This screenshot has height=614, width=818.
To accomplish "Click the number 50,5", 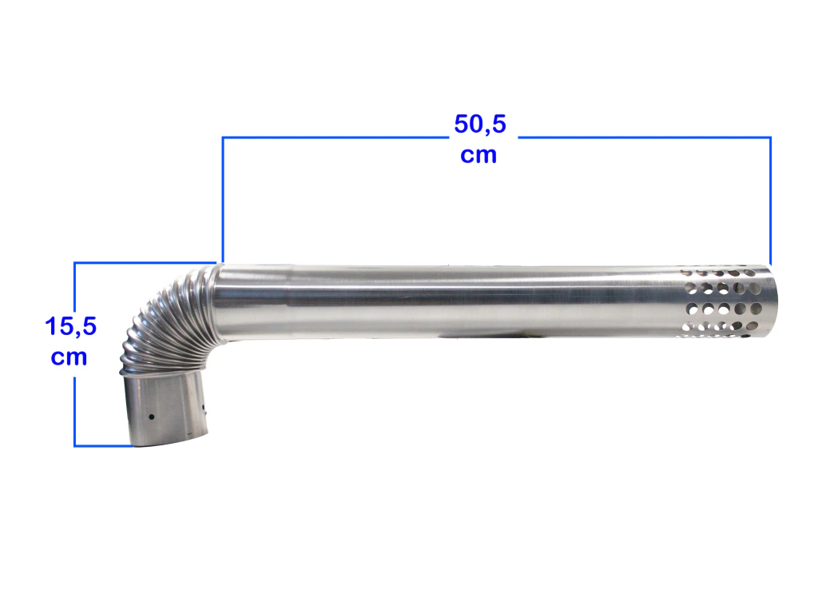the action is pos(480,124).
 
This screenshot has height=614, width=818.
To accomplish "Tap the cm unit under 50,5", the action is pos(478,155).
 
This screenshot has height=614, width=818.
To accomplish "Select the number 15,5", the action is pos(70,326).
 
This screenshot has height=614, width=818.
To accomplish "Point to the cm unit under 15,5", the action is pos(69,357).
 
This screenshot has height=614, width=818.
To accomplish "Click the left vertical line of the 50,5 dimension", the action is pos(223,199).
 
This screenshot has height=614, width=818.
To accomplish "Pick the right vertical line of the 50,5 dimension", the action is pos(771,201).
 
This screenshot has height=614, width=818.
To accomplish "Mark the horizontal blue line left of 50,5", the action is pos(336,138).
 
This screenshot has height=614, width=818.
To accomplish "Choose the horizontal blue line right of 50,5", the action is pos(645,138).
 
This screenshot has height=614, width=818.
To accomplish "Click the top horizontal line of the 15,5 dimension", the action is pos(145,262).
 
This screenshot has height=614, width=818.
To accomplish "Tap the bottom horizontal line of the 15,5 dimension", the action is pos(103,446).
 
